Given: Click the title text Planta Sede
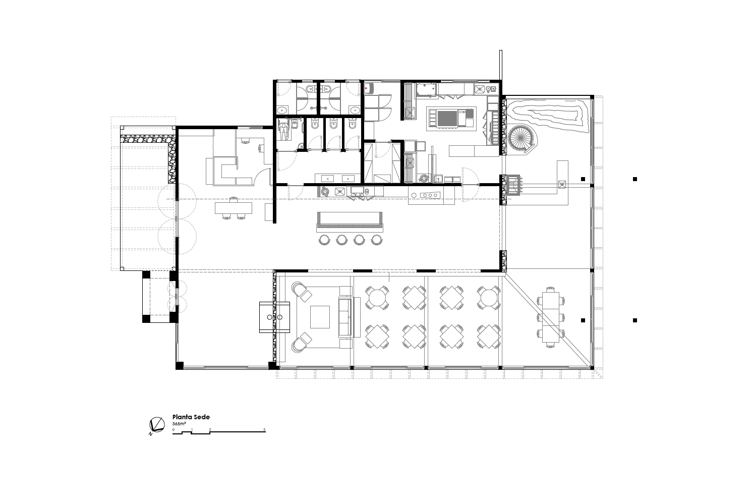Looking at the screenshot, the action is [191, 417].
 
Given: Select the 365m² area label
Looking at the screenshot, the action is [179, 424].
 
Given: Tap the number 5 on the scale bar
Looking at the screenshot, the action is [265, 430].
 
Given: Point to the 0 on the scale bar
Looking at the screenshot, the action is [173, 430].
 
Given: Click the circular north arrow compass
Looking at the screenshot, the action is [157, 424].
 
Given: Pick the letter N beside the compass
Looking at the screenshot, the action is [150, 434].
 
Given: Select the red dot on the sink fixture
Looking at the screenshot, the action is [366, 89].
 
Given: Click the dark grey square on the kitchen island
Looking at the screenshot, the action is [447, 119].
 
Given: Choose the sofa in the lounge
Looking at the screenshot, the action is [345, 317].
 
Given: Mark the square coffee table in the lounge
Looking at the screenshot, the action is [320, 317].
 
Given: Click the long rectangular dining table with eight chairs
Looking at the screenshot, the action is [551, 317].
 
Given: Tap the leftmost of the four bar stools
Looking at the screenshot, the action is [324, 240].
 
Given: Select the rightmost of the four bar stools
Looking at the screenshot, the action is [377, 240].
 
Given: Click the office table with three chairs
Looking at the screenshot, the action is [234, 208].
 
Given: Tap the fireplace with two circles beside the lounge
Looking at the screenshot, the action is [274, 317].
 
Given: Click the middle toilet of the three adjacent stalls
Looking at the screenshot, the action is [333, 125].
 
